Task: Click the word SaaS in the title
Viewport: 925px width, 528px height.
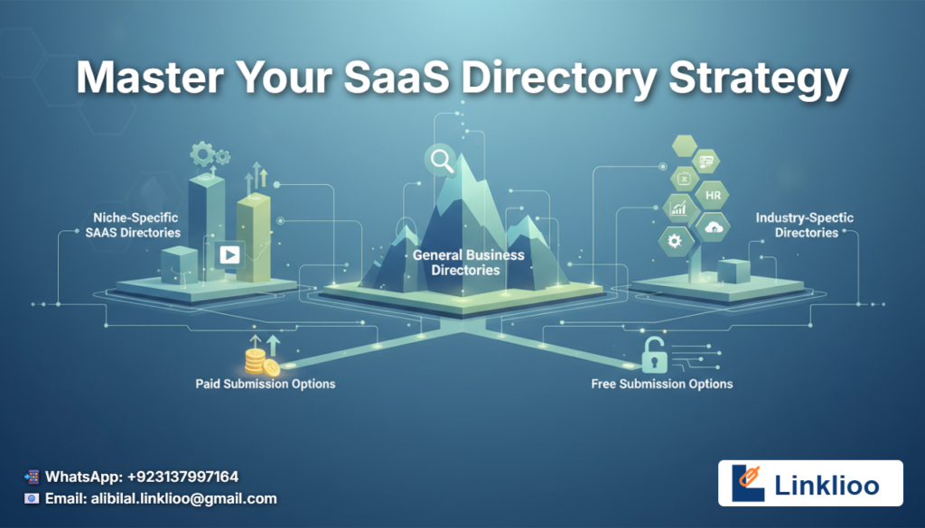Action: click(x=397, y=78)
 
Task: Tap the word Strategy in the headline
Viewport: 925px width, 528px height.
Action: click(x=759, y=80)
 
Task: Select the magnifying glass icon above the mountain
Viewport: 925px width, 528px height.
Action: click(x=442, y=161)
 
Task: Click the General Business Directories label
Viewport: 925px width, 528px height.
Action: click(x=469, y=263)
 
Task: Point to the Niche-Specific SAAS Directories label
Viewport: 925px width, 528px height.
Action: click(x=135, y=225)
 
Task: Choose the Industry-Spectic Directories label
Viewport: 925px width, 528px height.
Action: click(x=805, y=225)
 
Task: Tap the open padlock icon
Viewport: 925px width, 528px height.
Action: click(x=654, y=355)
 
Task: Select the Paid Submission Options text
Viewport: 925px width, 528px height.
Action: click(x=266, y=384)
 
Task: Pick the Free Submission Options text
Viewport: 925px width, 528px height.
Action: click(x=662, y=384)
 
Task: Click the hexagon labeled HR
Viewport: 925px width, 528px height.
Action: click(x=713, y=195)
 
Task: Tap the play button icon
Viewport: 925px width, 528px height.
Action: click(x=229, y=255)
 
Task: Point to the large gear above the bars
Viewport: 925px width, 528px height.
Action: click(x=202, y=154)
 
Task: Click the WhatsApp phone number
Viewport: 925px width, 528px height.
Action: click(x=182, y=477)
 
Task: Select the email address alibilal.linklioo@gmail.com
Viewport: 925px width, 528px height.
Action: click(x=183, y=498)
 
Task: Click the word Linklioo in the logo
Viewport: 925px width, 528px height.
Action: click(x=827, y=485)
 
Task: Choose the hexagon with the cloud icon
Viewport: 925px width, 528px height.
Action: click(x=713, y=227)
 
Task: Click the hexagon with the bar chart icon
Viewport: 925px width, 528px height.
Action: click(x=679, y=208)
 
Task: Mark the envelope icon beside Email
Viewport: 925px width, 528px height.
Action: click(x=32, y=498)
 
